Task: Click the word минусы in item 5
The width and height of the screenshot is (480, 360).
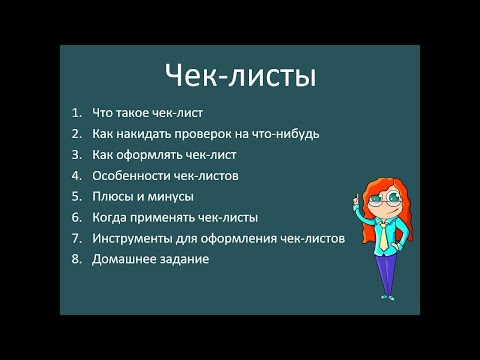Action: pyautogui.click(x=170, y=196)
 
